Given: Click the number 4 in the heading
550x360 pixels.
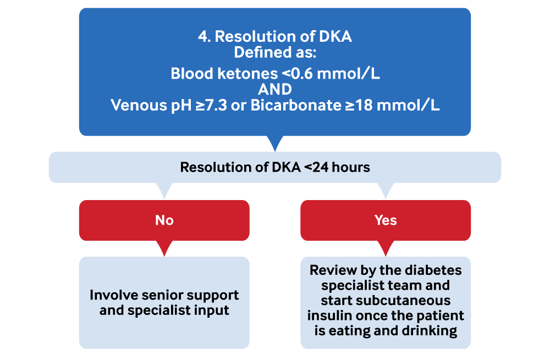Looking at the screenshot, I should pos(203,37).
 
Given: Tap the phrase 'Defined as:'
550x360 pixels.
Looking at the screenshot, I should pos(275,53).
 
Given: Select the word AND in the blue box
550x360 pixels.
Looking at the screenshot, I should pos(275,89).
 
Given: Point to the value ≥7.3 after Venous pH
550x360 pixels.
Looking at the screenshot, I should pos(214,105).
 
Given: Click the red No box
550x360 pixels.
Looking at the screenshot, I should pos(164,220).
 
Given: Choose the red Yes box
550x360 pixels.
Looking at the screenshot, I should pos(386,220).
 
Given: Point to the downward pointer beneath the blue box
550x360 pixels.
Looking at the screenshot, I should pos(275,144).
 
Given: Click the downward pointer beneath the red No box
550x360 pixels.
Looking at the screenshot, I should pos(164,248).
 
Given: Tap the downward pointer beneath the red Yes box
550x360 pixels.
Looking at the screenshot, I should pos(386,248).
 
